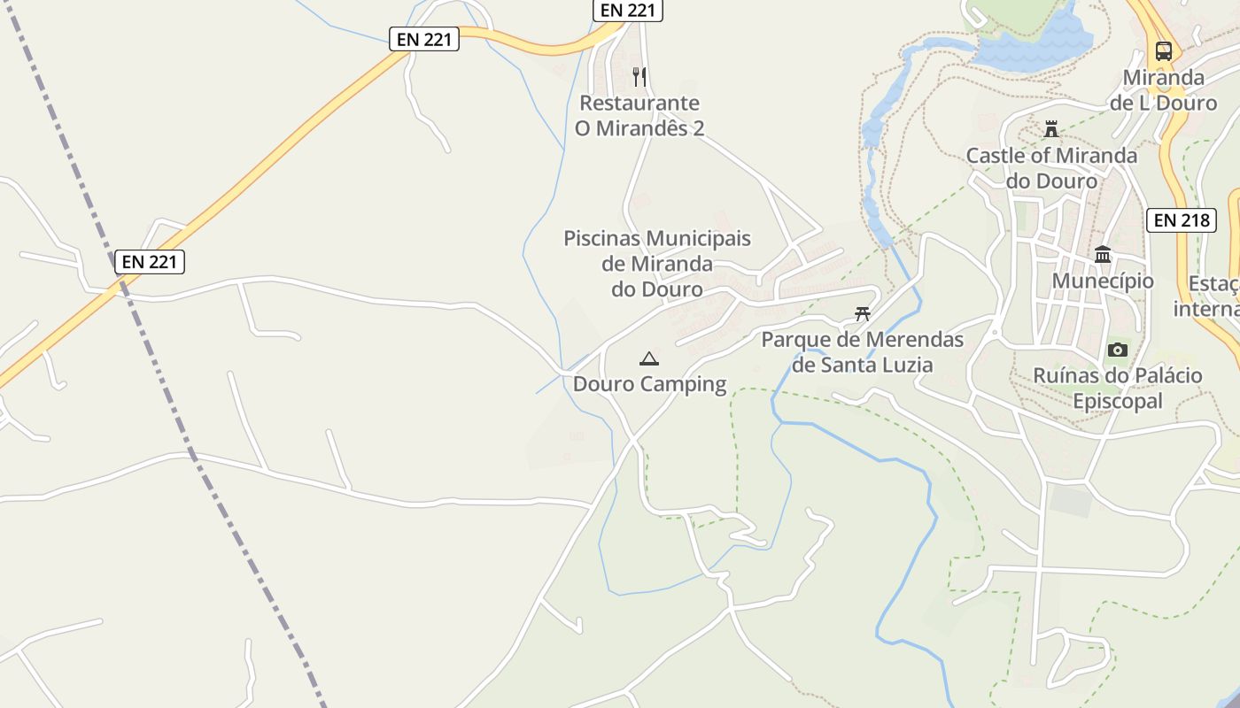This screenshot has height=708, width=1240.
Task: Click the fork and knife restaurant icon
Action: coord(639,76)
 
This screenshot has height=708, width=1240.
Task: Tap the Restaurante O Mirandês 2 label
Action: coord(639,116)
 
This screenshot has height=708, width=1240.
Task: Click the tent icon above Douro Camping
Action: coord(649,358)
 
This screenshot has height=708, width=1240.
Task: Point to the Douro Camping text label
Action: coord(649,384)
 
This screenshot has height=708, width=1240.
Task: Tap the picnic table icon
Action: coord(863,313)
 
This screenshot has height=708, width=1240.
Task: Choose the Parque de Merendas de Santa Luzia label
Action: coord(863,351)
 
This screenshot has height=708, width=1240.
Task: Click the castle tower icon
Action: coord(1051,129)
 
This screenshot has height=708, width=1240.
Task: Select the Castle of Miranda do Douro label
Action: coord(1051,168)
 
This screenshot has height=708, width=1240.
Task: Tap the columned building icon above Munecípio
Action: coord(1103,255)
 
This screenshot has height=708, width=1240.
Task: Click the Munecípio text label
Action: coord(1103,281)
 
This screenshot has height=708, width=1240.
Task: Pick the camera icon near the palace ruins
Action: coord(1118,350)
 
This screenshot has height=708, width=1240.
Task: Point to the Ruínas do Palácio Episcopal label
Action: coord(1118,389)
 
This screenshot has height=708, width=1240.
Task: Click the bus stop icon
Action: coord(1164,50)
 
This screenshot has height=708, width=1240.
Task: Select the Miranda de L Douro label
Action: coord(1164,90)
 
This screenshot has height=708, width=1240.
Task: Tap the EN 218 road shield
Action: coord(1182,220)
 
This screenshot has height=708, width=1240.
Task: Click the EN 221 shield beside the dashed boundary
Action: coord(150,262)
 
